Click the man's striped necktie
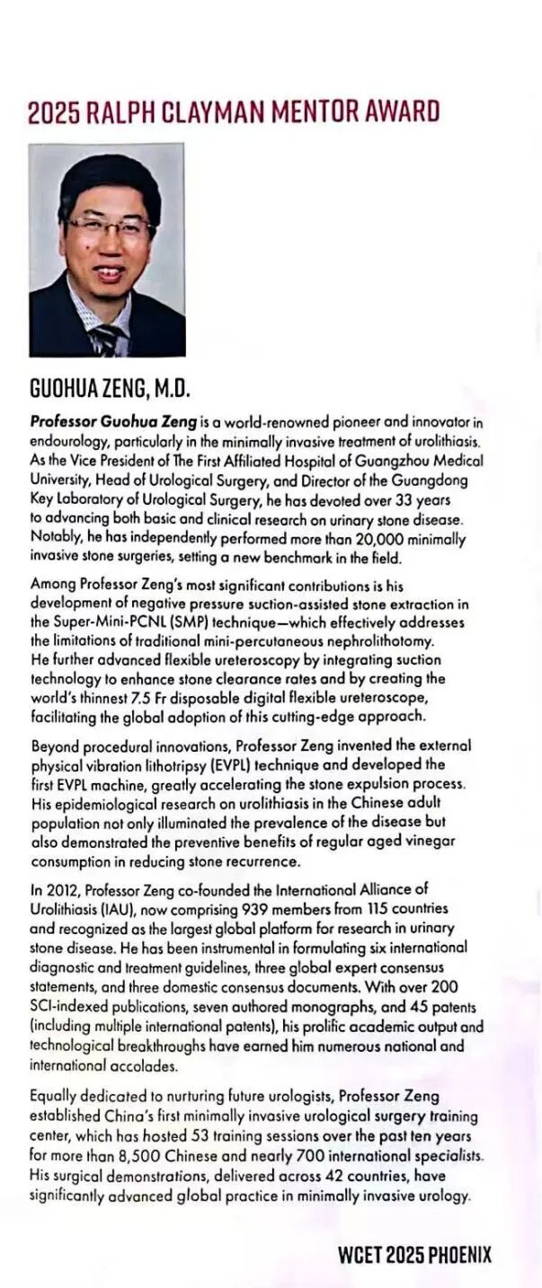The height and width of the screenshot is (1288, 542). [106, 339]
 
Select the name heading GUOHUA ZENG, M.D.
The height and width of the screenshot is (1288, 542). [110, 390]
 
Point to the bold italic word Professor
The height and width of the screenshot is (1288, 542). [66, 420]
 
